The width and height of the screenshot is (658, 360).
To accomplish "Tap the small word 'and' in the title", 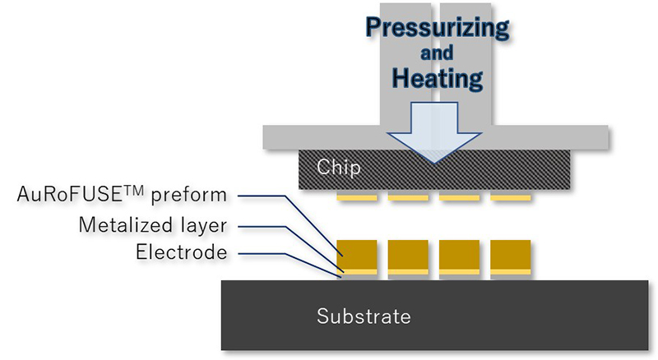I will click(x=437, y=54).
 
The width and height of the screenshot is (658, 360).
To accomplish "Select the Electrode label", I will click(x=181, y=252).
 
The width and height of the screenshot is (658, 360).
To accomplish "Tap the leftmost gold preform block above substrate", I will click(x=358, y=253).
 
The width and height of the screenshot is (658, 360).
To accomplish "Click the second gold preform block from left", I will click(x=408, y=253).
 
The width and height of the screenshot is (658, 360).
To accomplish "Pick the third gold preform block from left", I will click(x=458, y=253).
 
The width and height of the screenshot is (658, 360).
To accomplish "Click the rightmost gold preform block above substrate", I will click(x=509, y=253).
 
